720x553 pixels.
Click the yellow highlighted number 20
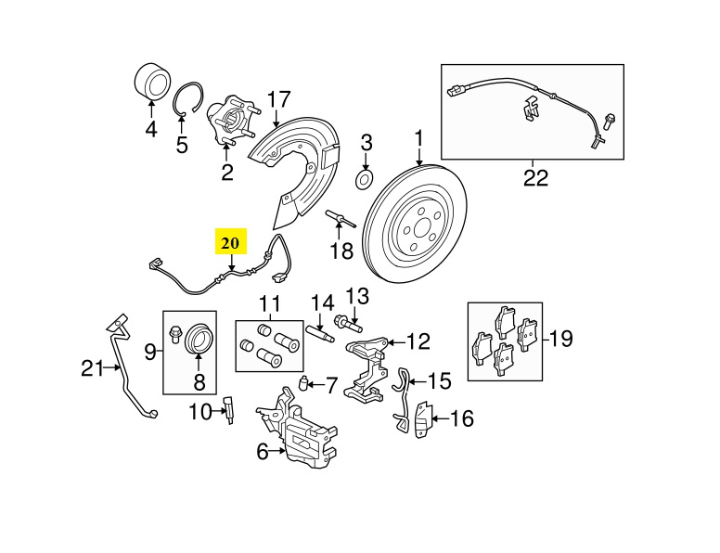click(230, 243)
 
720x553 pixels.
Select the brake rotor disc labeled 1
click(417, 222)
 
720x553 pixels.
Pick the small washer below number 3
click(366, 178)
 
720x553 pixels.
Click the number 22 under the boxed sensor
click(534, 176)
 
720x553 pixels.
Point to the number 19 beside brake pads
click(559, 338)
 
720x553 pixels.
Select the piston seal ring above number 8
click(199, 339)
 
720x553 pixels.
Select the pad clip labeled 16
click(422, 419)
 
